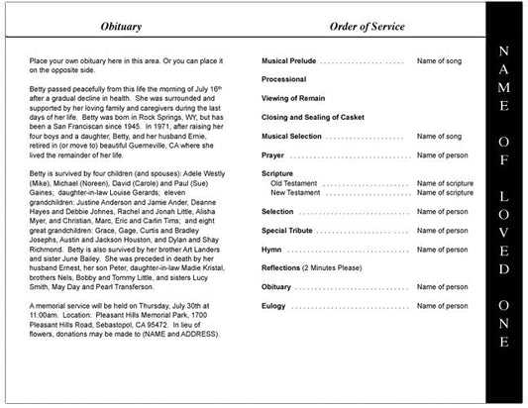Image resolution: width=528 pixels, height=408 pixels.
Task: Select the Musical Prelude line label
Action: (288, 61)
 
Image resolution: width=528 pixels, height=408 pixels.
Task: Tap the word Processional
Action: (284, 79)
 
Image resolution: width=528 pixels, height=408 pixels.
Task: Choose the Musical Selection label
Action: (291, 136)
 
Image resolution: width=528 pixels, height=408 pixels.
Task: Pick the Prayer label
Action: (272, 155)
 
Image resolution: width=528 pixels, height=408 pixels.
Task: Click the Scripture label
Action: (277, 173)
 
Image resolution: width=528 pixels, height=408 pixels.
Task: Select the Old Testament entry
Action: (294, 183)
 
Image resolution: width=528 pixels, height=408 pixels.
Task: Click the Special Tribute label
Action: (286, 231)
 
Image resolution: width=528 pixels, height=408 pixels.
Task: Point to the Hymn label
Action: (271, 250)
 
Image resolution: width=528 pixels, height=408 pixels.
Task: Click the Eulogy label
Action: (273, 306)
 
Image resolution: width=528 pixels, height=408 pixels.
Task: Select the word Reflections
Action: (283, 268)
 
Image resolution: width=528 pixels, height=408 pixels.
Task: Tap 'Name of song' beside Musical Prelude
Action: (439, 61)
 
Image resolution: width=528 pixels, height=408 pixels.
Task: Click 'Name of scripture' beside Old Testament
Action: (445, 183)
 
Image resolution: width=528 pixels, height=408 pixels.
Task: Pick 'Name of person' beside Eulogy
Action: (442, 306)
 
